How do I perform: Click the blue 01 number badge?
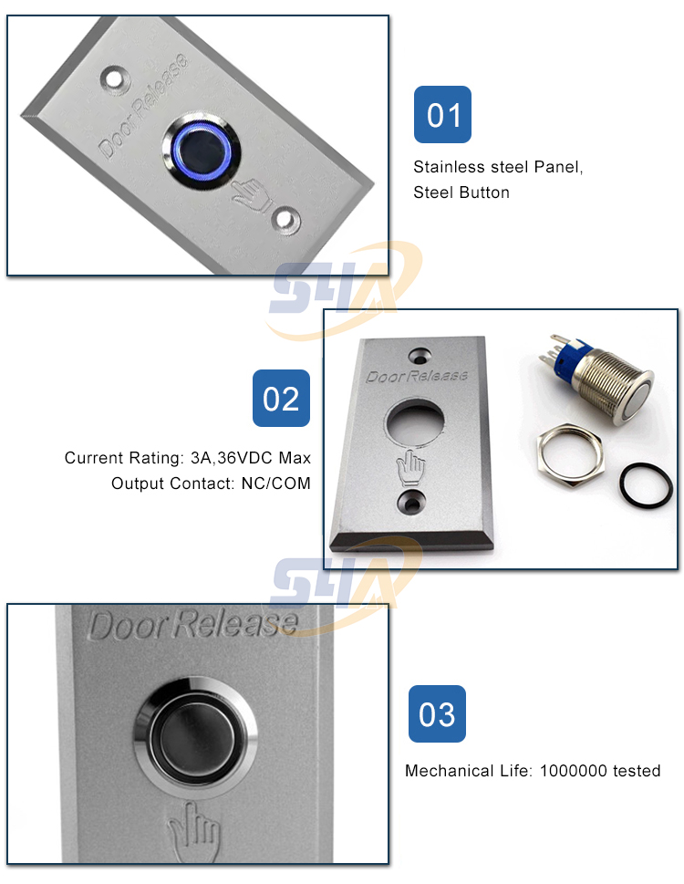coord(442,115)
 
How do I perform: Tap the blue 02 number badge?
coord(281,398)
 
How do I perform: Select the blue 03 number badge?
coord(437,713)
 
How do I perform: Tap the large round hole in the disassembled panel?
coord(416,423)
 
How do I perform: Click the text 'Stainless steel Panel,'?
coord(497,167)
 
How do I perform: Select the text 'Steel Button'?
coord(461,192)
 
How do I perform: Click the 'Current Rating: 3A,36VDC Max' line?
coord(187,457)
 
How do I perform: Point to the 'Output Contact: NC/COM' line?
coord(211,483)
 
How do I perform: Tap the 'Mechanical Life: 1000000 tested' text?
coord(533,771)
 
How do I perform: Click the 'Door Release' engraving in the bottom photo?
coord(193,625)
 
